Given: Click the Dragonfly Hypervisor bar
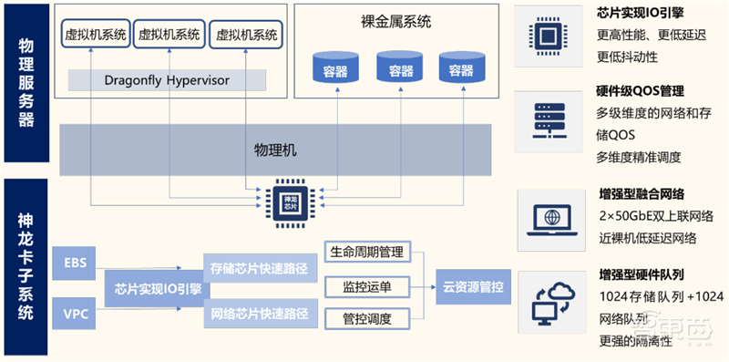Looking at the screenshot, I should coord(167,80).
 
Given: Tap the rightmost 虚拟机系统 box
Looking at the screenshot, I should coord(247,35).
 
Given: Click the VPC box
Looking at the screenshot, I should coord(75,313).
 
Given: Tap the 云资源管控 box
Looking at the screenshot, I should coord(474,285).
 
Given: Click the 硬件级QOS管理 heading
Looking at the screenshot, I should coord(640,92).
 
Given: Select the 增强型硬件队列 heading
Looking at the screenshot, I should coord(641,274).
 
